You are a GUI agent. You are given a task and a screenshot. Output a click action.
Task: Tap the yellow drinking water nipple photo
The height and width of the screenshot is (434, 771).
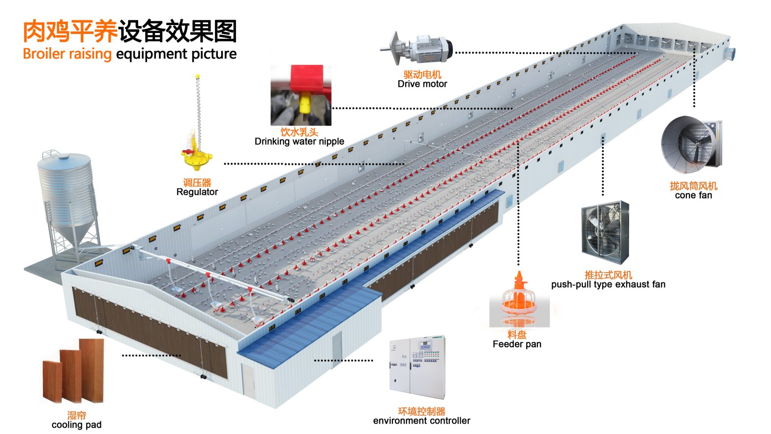tap(301, 95)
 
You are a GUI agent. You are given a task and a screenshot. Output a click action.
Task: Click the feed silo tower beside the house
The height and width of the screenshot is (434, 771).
tap(66, 197)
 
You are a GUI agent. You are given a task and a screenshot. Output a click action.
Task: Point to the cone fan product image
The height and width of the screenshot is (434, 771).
tap(691, 146)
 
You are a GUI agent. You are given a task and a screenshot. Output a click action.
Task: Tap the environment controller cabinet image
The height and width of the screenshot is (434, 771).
tap(417, 367)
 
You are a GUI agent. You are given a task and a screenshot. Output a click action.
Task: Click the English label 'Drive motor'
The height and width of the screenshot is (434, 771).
tap(422, 84)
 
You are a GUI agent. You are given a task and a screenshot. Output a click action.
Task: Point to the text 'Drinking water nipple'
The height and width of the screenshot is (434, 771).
tap(299, 142)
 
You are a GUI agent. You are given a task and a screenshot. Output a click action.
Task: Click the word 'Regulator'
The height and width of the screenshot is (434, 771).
tap(197, 192)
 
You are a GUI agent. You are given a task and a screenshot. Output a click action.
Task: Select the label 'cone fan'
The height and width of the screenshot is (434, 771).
tap(693, 195)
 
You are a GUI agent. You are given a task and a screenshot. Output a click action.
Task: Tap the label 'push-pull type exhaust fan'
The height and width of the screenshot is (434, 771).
tap(608, 284)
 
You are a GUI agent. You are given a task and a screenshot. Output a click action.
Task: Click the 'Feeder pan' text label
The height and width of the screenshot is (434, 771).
tap(517, 344)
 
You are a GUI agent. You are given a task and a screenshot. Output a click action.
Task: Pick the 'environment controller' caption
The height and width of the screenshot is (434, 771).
tap(421, 421)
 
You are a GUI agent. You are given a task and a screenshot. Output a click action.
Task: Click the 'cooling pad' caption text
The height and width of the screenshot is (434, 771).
tap(76, 425)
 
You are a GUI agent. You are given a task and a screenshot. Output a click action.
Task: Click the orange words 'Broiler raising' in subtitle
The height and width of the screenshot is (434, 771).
tap(67, 54)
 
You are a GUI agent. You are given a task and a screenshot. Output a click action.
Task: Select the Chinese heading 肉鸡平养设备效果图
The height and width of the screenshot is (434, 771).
tap(130, 31)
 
